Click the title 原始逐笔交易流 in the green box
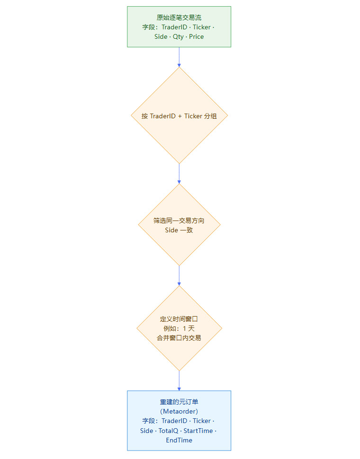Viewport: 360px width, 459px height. (179, 18)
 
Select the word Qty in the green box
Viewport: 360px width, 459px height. (178, 36)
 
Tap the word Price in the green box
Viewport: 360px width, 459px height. (196, 36)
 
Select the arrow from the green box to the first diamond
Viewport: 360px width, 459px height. (179, 57)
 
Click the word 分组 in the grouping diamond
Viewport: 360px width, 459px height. (210, 115)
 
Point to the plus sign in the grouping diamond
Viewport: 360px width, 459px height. (180, 115)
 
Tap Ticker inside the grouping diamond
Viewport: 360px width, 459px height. (193, 115)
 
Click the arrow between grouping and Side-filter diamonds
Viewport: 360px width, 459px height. (179, 173)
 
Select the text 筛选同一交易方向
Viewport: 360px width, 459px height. (179, 221)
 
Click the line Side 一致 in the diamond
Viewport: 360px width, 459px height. (179, 230)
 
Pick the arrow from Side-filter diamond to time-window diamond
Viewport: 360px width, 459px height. (179, 275)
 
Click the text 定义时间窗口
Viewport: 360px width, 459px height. (179, 319)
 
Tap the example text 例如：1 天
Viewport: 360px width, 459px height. (179, 328)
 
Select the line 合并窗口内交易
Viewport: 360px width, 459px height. (179, 338)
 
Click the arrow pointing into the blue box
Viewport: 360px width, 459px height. (179, 380)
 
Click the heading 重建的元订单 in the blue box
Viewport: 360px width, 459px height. (179, 402)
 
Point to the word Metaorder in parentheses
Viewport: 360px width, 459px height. (179, 411)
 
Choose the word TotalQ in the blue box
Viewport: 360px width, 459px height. (169, 431)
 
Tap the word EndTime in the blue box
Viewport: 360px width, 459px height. (179, 440)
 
